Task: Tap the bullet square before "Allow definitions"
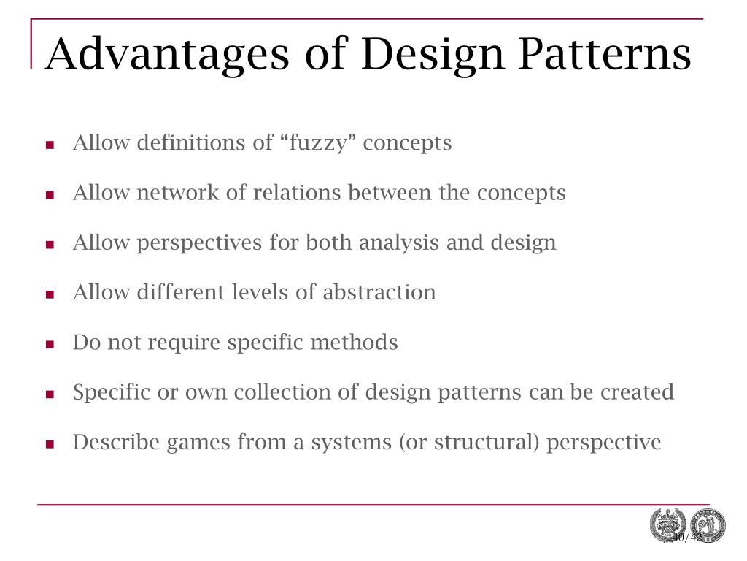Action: coord(50,145)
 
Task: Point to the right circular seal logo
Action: coord(708,526)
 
